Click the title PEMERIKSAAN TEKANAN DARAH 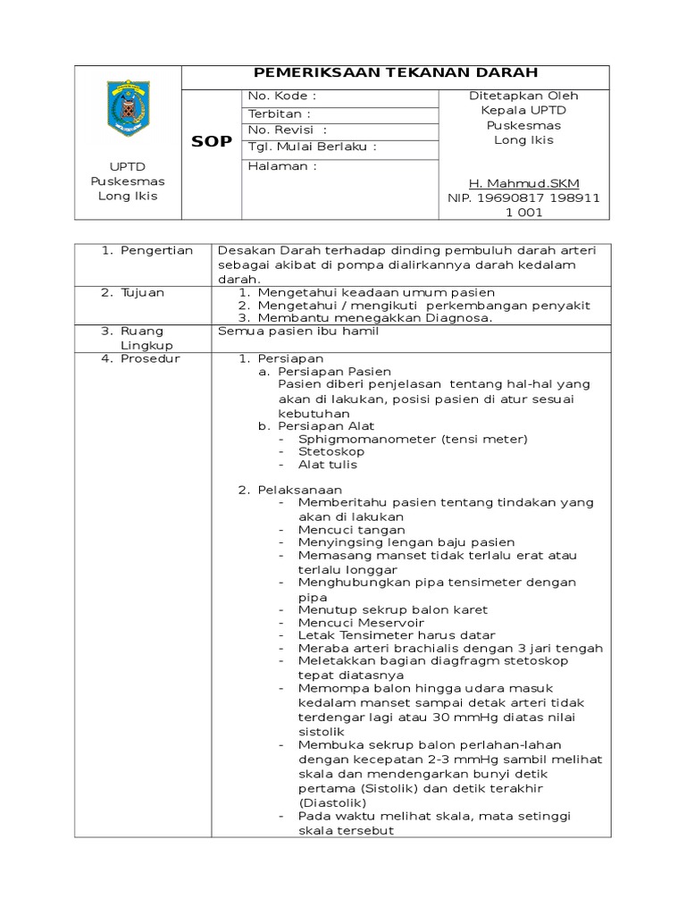click(x=396, y=74)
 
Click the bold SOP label click(x=212, y=142)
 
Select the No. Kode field click(x=282, y=96)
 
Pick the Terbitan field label click(x=280, y=113)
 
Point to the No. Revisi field click(x=281, y=130)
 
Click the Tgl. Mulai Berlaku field click(x=313, y=147)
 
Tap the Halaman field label click(x=283, y=166)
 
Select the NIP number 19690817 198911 click(x=523, y=197)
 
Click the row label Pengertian click(x=157, y=250)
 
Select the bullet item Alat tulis click(x=328, y=465)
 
